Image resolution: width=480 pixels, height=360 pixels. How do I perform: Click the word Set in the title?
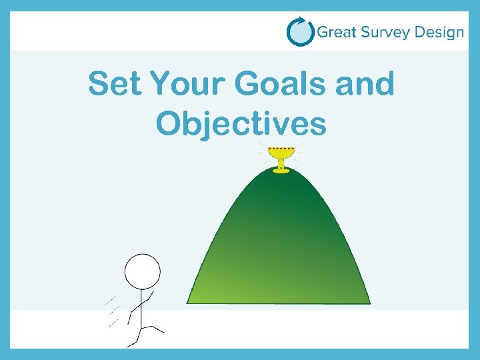[x=115, y=85]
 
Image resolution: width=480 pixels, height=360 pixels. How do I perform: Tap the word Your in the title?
[x=187, y=85]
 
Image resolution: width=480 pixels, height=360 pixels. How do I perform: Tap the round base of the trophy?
[x=281, y=171]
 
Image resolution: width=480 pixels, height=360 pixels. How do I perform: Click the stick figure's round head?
[x=143, y=271]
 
